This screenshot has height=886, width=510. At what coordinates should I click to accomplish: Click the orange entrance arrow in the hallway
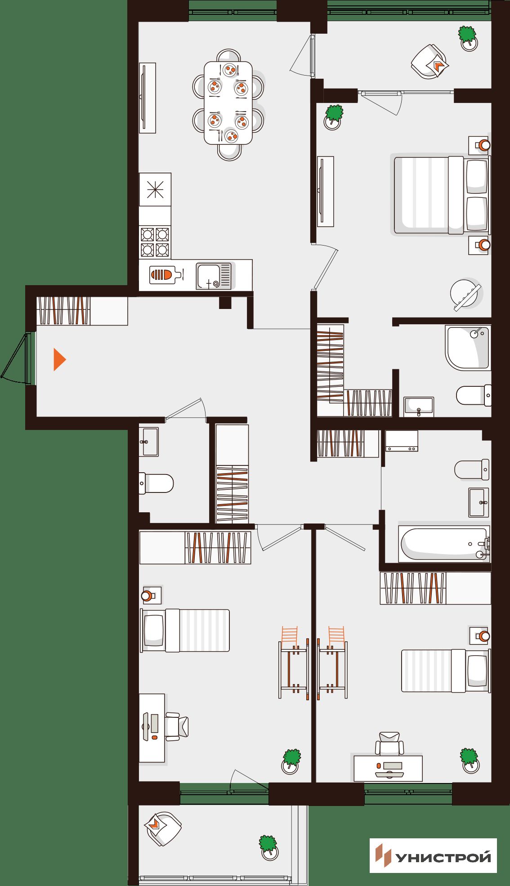[x=59, y=359]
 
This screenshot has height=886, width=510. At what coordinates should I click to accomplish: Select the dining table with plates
[x=228, y=103]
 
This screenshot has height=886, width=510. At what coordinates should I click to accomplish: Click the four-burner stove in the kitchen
[x=155, y=242]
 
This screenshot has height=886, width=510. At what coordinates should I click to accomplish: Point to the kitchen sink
[x=214, y=276]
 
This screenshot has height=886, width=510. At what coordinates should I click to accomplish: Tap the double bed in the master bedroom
[x=443, y=195]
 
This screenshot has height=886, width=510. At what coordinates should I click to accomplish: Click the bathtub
[x=444, y=544]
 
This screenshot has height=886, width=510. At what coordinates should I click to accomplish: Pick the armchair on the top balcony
[x=430, y=62]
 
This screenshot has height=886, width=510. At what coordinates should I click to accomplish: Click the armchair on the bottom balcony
[x=163, y=828]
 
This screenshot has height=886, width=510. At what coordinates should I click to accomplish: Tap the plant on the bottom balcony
[x=268, y=847]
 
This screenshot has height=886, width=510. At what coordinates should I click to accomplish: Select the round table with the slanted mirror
[x=465, y=295]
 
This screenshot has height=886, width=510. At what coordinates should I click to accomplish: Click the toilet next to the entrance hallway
[x=156, y=483]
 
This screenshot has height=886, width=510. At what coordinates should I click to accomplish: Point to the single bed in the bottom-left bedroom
[x=185, y=630]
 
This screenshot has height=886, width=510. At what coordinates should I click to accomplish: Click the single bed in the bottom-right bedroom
[x=446, y=670]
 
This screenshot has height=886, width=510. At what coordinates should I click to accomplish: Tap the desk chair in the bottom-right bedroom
[x=389, y=743]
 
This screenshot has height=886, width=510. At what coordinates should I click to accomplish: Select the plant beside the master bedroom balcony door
[x=333, y=117]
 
